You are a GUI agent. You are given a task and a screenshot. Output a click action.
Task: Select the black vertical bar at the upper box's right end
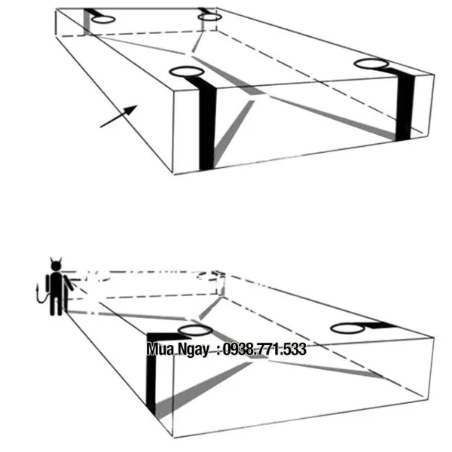(x=405, y=105)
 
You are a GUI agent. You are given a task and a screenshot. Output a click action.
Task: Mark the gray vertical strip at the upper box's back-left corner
(x=87, y=23)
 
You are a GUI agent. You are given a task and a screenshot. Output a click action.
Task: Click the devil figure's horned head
(x=56, y=264)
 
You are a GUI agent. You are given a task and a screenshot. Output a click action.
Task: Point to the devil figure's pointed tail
(x=41, y=295)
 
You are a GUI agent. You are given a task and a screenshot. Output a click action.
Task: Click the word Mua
(x=160, y=349)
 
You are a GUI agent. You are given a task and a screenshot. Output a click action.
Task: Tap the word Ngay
(x=193, y=350)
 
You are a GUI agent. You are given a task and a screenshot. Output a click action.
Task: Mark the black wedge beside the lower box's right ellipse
(x=380, y=325)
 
